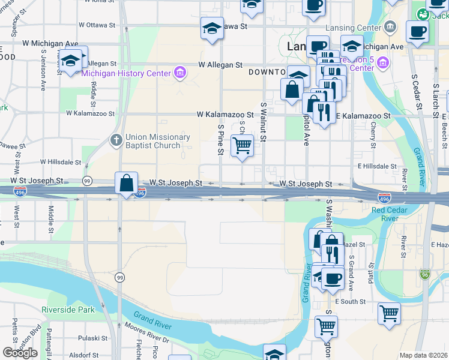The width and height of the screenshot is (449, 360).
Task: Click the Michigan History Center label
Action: [x=126, y=73]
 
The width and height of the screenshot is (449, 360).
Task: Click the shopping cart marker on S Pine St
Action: [x=242, y=145]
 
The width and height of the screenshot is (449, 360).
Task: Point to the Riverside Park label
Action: [x=68, y=310]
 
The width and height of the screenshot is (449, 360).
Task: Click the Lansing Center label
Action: [x=352, y=28]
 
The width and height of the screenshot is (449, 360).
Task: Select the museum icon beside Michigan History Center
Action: [x=179, y=73]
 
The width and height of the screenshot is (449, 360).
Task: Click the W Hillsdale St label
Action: [x=61, y=162]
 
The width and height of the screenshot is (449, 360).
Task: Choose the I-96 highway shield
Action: [x=425, y=273]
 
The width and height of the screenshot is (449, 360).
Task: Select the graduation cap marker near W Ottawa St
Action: [x=212, y=28]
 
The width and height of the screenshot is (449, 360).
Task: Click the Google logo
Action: [x=20, y=353]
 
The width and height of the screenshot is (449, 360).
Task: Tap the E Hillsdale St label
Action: [x=377, y=166]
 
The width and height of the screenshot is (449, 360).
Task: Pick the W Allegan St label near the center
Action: [x=220, y=65]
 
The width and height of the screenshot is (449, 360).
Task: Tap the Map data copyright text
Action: [x=423, y=355]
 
